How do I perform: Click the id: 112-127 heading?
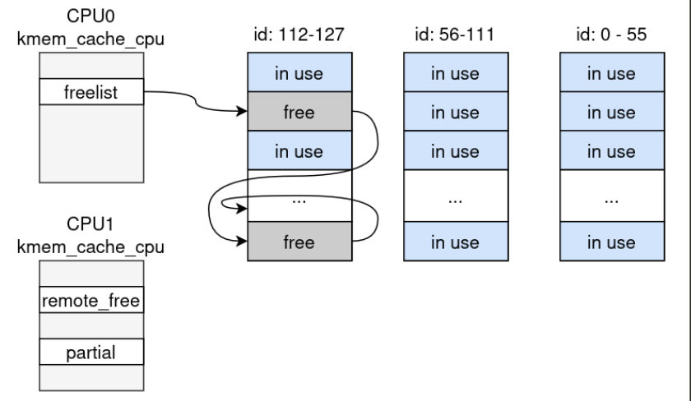[x=299, y=35]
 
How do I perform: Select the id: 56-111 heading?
[x=454, y=35]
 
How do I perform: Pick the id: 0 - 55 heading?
[x=610, y=35]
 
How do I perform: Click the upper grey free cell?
[x=299, y=113]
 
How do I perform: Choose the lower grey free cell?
[x=299, y=242]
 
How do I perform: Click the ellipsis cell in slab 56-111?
[x=454, y=200]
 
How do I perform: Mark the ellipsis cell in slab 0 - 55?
[x=610, y=200]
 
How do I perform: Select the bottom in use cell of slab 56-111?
[x=454, y=242]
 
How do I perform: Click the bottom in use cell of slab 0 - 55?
[x=610, y=242]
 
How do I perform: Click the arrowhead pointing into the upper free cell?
[x=242, y=113]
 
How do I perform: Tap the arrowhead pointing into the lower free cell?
[x=242, y=242]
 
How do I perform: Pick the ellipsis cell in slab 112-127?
[x=299, y=200]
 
